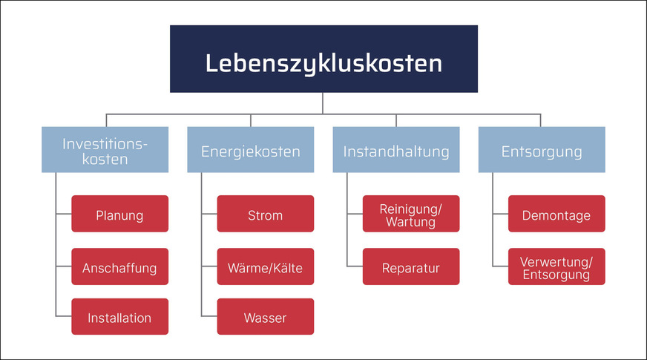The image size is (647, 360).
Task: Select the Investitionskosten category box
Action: pos(105,150)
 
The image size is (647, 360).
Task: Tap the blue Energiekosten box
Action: pos(251,151)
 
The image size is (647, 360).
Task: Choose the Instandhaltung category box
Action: pos(396,151)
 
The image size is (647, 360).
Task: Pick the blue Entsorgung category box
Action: pos(542,151)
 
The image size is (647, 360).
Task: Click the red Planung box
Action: pos(119,215)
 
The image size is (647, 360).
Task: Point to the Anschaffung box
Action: pos(119,266)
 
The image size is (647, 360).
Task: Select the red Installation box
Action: pos(119,317)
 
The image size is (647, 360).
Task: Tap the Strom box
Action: pos(265,215)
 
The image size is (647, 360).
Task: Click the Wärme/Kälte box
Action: pos(265,266)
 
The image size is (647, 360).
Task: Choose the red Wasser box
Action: pos(265,317)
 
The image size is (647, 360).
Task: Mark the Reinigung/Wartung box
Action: pos(410,215)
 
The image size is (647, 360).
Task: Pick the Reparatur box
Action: pos(410,266)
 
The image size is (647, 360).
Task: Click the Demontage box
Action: pos(556,215)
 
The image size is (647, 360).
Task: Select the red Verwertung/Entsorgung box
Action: pos(556,266)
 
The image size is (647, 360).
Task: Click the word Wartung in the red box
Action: pos(410,222)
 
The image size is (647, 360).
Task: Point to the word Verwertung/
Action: pos(556,261)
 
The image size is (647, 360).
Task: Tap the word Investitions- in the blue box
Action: pos(105,143)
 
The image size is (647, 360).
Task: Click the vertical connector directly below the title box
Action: pos(323,103)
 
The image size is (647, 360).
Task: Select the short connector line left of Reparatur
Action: pos(355,266)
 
